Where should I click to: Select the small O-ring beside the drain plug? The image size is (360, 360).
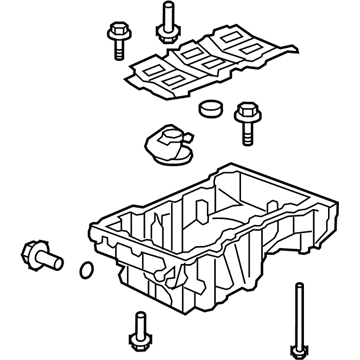(x=87, y=269)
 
